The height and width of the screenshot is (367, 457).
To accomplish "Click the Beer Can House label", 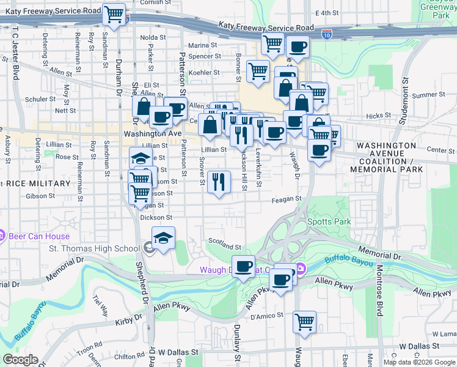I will pos(38,236).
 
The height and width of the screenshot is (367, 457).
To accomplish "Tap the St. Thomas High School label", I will pos(94,248).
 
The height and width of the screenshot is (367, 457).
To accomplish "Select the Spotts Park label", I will pos(329,221).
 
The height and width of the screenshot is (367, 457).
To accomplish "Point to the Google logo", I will pos(20,360).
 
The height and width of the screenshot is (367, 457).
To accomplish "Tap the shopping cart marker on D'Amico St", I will pos(304,321).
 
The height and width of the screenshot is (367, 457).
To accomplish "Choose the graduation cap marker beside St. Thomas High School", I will pos(163,239).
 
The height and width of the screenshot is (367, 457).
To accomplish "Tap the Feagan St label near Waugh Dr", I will pos(287,199).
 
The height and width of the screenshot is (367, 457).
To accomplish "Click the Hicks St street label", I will pos(379,115).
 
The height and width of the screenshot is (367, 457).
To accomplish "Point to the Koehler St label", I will pos(204,72).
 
